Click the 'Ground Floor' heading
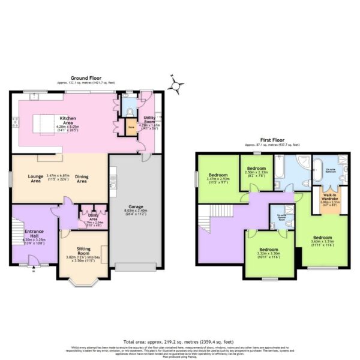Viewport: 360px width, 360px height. (86, 78)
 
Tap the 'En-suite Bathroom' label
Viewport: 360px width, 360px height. (331, 170)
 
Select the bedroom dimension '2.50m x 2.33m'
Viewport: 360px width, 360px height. (256, 172)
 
